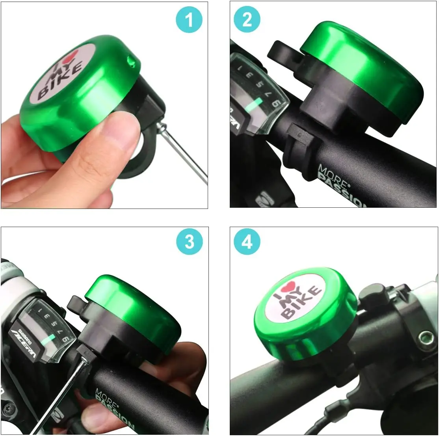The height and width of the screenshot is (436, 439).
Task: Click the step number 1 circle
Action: click(x=190, y=20)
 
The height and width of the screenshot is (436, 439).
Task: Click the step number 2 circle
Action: click(x=247, y=20)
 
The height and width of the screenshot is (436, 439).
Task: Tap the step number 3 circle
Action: click(x=190, y=242)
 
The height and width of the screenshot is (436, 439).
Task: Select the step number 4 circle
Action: click(x=247, y=242)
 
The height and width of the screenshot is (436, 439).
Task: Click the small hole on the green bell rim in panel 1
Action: click(x=130, y=60)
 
